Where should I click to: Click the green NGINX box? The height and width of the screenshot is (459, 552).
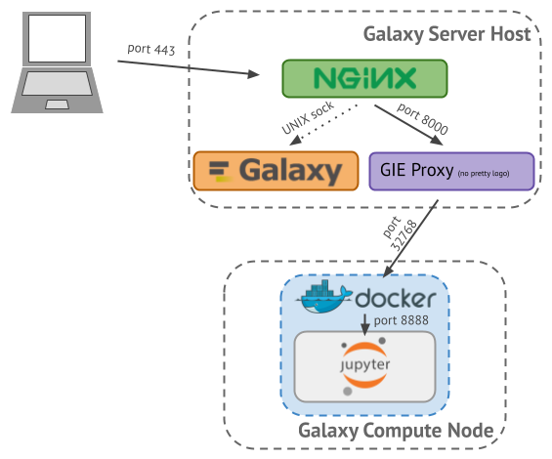tap(364, 78)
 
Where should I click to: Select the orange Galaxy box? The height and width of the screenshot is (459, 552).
tap(276, 171)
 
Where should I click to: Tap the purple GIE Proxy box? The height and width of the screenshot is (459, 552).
tap(451, 171)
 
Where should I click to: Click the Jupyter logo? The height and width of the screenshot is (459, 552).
tap(364, 365)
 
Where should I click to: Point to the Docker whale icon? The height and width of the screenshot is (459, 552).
tap(323, 296)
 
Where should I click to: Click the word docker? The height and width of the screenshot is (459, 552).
tap(396, 299)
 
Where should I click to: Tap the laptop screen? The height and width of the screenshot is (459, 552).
tap(57, 38)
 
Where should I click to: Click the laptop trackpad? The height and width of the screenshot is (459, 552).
tap(57, 104)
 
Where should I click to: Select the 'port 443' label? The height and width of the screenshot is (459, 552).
tap(151, 49)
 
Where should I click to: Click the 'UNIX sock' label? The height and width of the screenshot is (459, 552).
tap(308, 117)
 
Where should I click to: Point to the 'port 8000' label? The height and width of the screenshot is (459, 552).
tap(422, 118)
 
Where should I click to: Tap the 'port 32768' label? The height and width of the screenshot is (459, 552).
tap(400, 232)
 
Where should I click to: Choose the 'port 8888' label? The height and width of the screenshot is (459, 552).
tap(401, 320)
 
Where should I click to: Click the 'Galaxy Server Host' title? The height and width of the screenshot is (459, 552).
tap(446, 34)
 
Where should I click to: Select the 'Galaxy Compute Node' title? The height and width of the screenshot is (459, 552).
tap(396, 431)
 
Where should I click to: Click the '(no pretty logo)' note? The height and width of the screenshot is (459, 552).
tap(484, 173)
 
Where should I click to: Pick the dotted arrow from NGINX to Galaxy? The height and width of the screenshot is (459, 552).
tap(323, 125)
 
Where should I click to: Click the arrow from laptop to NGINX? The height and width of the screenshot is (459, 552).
tap(189, 68)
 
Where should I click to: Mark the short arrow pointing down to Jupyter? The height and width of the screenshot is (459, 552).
tap(365, 324)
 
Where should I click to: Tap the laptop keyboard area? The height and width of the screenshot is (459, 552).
tap(57, 83)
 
